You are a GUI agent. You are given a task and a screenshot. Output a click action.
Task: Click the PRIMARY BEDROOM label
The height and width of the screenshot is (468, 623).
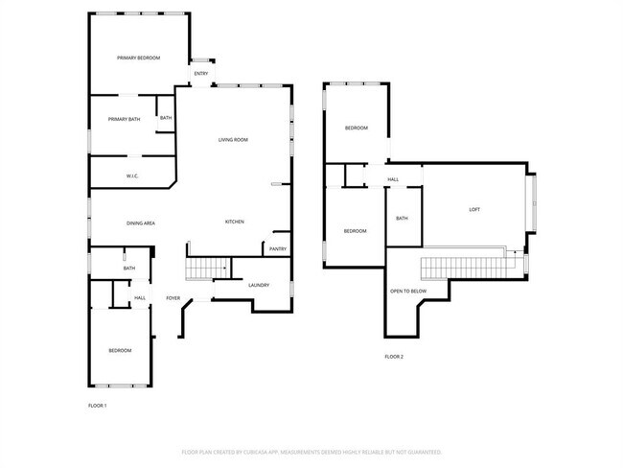coord(138,58)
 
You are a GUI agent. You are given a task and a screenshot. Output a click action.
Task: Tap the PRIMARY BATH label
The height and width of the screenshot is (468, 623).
coord(124,119)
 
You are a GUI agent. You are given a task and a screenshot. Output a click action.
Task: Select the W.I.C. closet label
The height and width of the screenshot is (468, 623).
coord(134,176)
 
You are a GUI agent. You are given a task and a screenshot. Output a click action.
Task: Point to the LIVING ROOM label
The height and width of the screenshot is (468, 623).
coord(233,140)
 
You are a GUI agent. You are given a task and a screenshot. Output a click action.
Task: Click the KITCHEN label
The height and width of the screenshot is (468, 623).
coord(234,222)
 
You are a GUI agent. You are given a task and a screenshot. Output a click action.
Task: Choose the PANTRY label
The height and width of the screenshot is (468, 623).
coord(278,249)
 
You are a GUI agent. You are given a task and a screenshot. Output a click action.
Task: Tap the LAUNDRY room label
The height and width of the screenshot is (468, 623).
coord(258,285)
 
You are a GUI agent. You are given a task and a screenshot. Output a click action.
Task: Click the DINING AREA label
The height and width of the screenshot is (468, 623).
coord(141,223)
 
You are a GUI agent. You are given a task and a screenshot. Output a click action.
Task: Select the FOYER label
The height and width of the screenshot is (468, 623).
coord(173,298)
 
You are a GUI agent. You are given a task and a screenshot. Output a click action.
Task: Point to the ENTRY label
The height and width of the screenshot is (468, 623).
coord(201,74)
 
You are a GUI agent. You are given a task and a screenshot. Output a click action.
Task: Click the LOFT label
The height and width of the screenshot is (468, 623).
coord(474,210)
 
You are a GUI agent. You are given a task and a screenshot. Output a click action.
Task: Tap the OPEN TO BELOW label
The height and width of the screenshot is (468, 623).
coord(408,290)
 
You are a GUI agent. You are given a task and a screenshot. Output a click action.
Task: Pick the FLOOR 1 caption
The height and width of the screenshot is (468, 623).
coord(97,406)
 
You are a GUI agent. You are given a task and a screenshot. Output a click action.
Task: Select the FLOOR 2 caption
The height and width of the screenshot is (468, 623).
coord(394,356)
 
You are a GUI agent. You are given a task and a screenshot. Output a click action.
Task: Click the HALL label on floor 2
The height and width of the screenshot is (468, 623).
coord(393,179)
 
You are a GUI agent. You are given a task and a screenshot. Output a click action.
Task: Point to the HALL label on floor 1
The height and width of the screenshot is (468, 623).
coord(140,298)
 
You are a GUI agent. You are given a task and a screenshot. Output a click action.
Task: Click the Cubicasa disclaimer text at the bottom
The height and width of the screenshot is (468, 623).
coord(311,451)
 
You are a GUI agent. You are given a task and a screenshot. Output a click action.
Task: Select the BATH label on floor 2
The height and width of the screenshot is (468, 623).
coord(402,219)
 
